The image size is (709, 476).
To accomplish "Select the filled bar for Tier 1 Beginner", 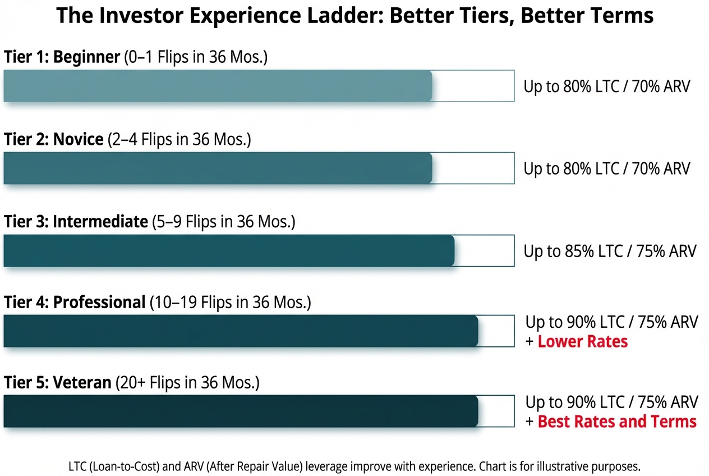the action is click(x=218, y=86).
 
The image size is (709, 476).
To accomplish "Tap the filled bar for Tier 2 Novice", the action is click(x=218, y=168).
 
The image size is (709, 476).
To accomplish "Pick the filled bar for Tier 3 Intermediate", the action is click(x=229, y=250).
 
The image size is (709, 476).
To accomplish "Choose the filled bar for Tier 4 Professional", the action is click(x=241, y=331).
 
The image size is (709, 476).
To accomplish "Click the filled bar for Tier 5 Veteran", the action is click(x=241, y=411).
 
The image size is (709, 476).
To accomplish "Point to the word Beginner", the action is click(x=86, y=57).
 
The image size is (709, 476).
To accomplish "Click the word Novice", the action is click(x=78, y=139).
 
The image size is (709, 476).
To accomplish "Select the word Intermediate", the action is click(x=100, y=221).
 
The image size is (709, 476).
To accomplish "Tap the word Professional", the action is click(x=99, y=302).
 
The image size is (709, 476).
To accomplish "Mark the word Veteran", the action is click(x=82, y=382).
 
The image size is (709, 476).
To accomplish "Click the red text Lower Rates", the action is click(x=583, y=341).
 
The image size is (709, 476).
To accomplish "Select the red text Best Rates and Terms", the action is click(x=617, y=422).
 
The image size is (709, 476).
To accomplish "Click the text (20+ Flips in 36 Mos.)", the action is click(x=187, y=383).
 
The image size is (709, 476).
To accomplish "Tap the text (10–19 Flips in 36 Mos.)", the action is click(x=231, y=303).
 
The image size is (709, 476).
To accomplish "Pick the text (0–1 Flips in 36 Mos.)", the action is click(x=196, y=57).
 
